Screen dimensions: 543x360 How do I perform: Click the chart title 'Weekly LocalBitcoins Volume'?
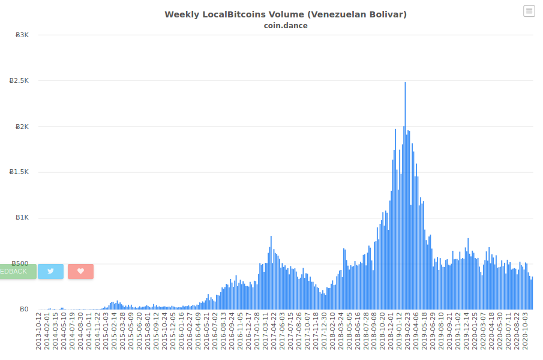coord(235,14)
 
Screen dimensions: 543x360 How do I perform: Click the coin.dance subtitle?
coord(286,26)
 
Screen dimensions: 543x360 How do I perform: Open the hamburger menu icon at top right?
coord(529,11)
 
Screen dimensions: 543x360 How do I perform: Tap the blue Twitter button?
coord(50,271)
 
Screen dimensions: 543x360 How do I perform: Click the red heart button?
coord(80,271)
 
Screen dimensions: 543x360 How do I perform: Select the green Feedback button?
coord(18,271)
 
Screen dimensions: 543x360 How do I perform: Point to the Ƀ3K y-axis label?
coord(22,35)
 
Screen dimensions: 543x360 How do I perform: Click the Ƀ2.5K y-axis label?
coord(19,80)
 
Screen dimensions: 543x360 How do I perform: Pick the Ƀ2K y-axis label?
coord(22,127)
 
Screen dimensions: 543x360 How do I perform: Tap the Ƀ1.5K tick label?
coord(19,172)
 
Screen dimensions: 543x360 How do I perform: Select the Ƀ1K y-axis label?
coord(22,217)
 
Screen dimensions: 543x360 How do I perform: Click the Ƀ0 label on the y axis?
coord(24,309)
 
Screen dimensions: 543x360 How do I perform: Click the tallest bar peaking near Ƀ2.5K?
coord(405,196)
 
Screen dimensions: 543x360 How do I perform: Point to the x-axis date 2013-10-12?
coord(38,331)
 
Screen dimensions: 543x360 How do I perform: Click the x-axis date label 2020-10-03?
coord(525,331)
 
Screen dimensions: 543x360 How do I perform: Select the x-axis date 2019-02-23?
coord(407,331)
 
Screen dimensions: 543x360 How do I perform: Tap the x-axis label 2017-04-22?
coord(274,331)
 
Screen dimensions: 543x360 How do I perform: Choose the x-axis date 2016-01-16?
coord(181,331)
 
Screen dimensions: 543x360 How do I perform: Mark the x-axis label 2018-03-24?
coord(341,331)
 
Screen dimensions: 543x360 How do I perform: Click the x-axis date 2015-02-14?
coord(114,331)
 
